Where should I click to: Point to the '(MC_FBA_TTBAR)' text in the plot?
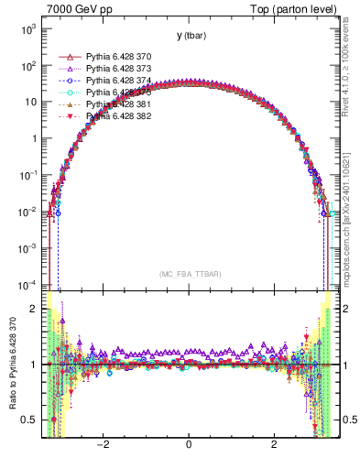point(189,274)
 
